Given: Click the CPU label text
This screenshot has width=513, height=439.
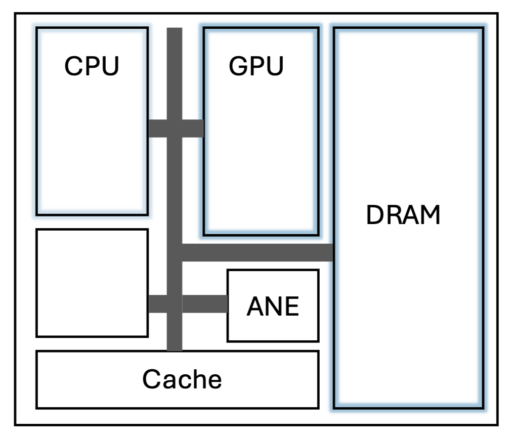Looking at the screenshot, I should click(x=92, y=66).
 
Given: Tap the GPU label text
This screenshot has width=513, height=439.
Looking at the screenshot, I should click(x=256, y=66).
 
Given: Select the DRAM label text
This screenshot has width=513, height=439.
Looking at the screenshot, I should click(x=403, y=215).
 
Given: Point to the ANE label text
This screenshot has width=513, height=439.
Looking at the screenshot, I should click(x=273, y=306).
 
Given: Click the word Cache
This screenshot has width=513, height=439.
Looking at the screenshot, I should click(x=182, y=379).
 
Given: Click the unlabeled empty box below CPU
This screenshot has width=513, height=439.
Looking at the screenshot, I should click(x=92, y=283).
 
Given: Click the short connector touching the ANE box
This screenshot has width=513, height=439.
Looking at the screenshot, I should click(x=204, y=304).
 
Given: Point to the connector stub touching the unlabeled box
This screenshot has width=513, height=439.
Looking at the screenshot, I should click(x=157, y=304).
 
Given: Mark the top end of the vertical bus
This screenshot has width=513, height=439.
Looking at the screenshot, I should click(x=175, y=31).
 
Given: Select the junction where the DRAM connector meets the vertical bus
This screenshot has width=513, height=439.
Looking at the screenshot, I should click(x=175, y=252).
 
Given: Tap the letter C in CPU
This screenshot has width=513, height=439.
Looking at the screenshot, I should click(x=72, y=66).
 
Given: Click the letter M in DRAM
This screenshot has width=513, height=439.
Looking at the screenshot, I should click(x=430, y=215).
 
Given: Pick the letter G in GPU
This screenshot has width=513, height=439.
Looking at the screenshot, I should click(x=239, y=66).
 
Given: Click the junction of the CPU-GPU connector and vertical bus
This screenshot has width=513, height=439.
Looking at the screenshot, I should click(x=175, y=128).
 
